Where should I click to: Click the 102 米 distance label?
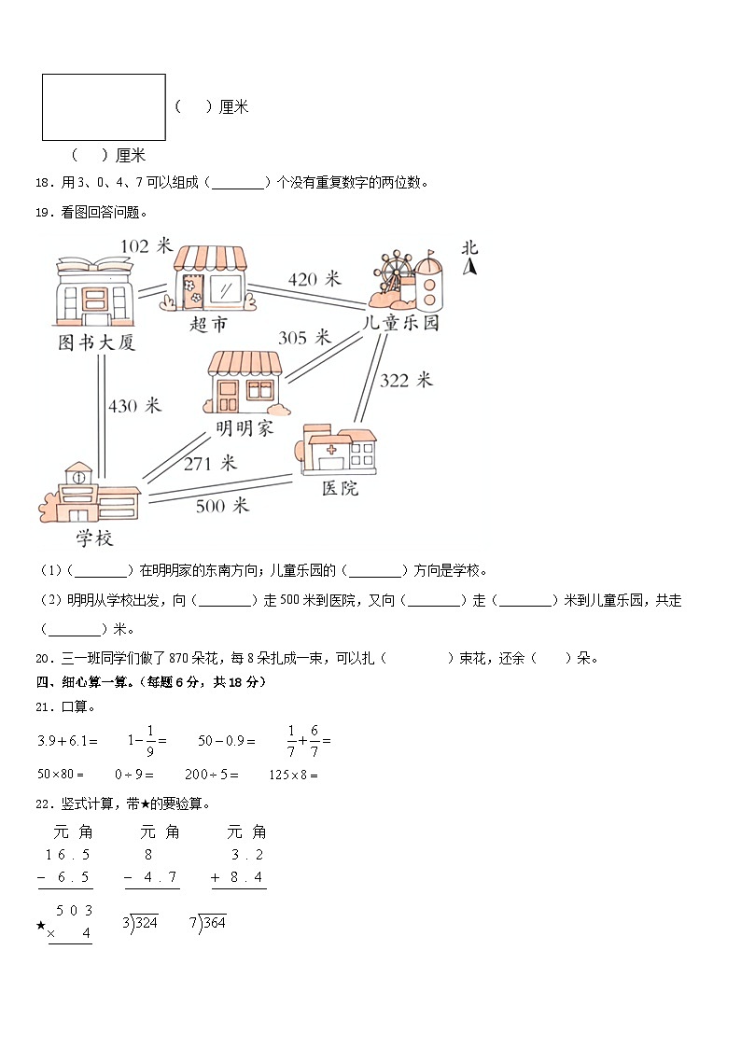(147, 245)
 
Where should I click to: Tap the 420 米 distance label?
(315, 279)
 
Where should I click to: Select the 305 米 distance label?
(304, 338)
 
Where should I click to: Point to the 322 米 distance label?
(406, 380)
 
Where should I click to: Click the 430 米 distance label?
(134, 406)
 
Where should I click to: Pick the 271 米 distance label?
(210, 463)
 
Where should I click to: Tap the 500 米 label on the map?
(222, 506)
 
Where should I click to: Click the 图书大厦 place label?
(97, 343)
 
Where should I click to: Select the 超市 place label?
(209, 325)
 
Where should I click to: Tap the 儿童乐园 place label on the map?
(401, 324)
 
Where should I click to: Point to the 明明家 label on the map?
(244, 428)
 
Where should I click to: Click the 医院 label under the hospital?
(340, 488)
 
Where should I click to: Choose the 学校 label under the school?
(94, 538)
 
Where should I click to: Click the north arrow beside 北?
(471, 268)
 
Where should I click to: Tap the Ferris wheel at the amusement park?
(397, 272)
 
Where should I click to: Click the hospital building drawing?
(339, 451)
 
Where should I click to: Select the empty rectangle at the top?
(104, 107)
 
